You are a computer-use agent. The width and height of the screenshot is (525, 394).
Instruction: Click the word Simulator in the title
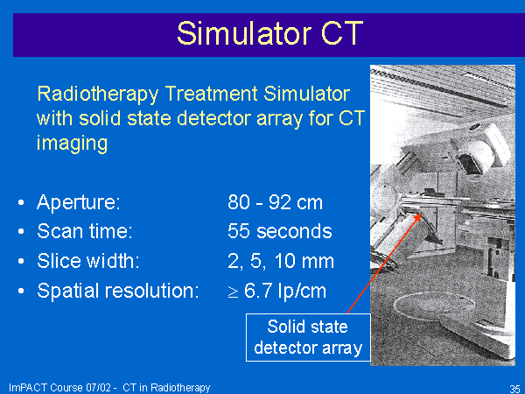click(243, 33)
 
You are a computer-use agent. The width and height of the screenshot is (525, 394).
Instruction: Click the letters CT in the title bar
click(342, 33)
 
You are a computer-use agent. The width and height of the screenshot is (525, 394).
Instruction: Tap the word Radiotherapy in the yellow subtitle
click(98, 95)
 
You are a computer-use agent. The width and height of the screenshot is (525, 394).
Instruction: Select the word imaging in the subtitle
click(72, 144)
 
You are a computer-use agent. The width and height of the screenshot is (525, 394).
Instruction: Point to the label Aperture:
click(79, 203)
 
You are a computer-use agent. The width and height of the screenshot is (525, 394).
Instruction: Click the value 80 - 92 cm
click(275, 202)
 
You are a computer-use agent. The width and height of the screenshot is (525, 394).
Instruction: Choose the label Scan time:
click(85, 231)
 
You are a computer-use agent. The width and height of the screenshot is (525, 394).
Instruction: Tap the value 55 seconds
click(280, 231)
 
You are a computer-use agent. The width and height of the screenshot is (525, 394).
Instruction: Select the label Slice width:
click(88, 261)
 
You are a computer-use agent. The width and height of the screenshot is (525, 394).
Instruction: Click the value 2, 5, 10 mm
click(281, 261)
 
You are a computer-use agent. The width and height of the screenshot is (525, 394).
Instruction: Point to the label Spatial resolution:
click(118, 291)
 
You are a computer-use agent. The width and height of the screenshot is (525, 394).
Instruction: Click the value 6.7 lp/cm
click(285, 291)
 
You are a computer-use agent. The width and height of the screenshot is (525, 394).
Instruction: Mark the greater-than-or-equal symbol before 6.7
click(233, 292)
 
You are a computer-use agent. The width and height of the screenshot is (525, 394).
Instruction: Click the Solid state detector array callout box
click(308, 337)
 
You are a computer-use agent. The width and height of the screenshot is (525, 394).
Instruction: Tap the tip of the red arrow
click(421, 215)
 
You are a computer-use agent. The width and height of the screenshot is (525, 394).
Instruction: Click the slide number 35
click(514, 389)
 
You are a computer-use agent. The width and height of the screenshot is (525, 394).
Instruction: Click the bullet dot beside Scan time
click(21, 231)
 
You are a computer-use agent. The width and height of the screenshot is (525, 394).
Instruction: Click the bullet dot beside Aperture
click(21, 202)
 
